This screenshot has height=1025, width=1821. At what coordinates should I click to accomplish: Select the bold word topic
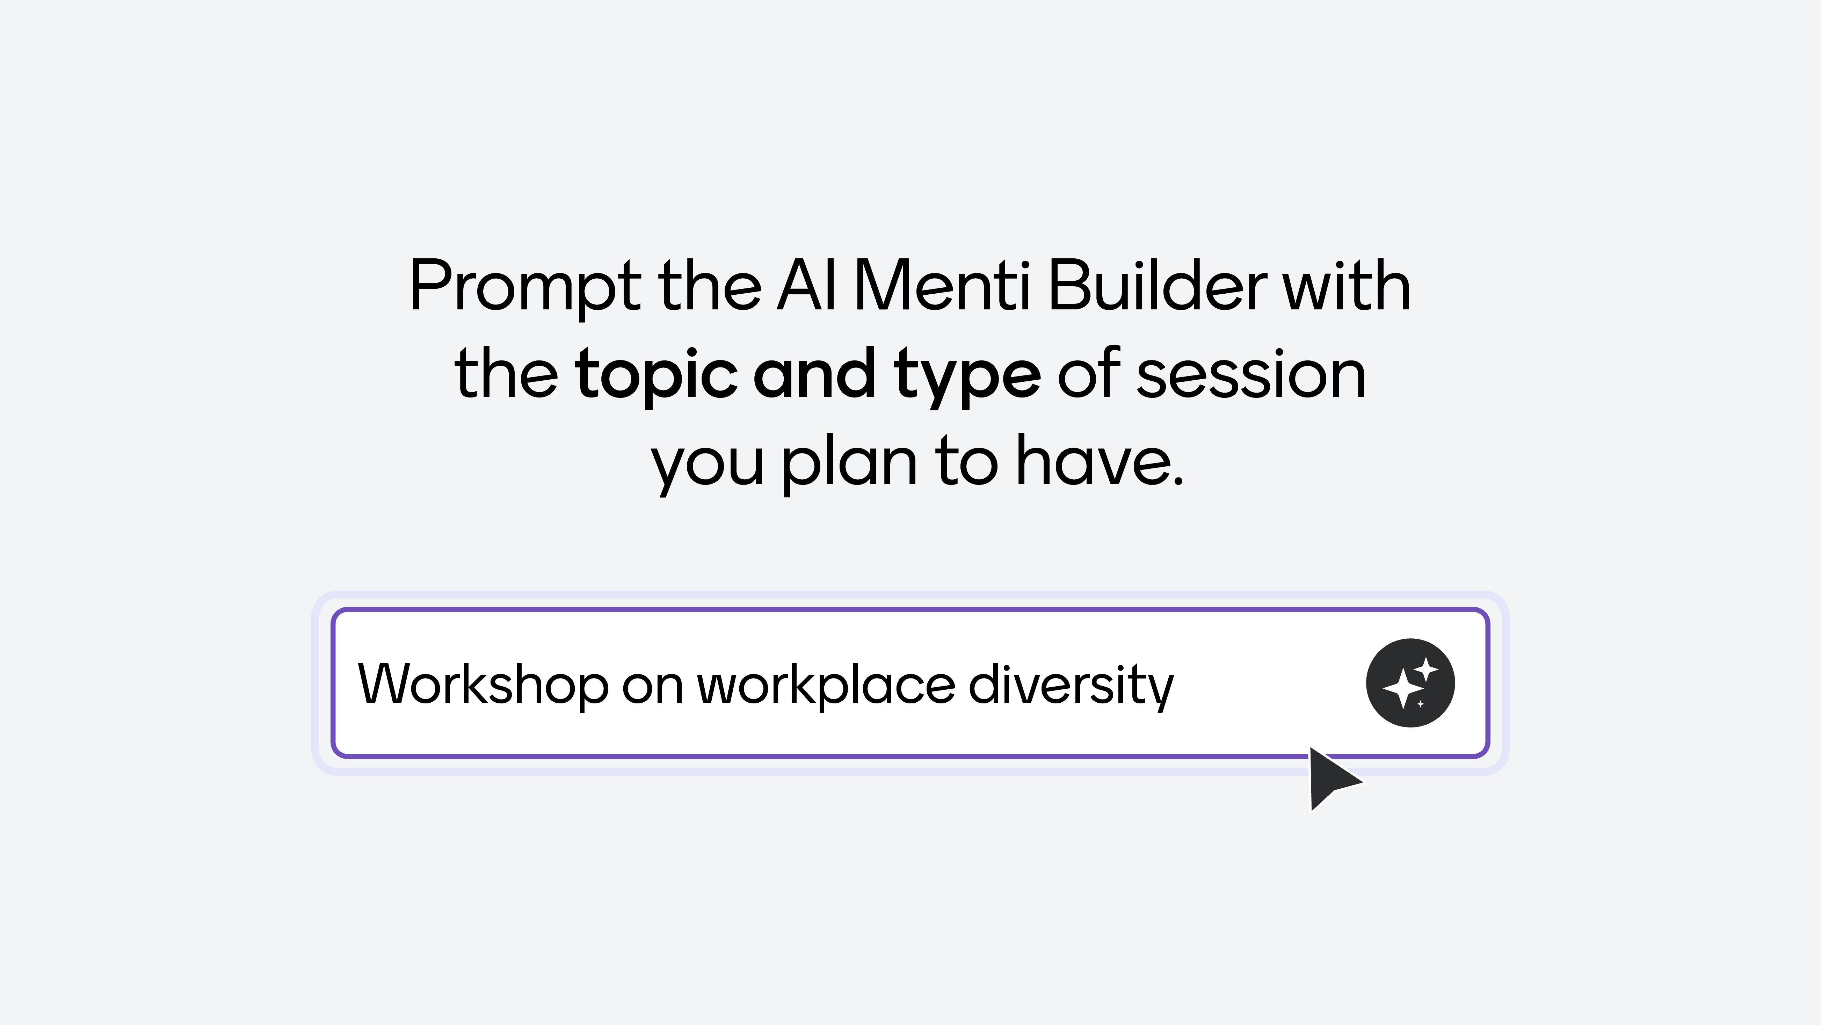point(656,375)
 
